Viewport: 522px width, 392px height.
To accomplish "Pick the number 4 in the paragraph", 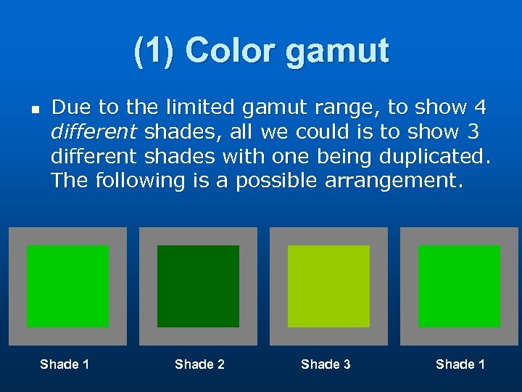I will click(479, 107).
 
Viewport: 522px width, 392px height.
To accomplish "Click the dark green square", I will click(198, 286).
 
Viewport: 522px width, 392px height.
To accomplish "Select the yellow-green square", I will click(328, 286).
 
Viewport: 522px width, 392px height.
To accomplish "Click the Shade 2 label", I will click(199, 364).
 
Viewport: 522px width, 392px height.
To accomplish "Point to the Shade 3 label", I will click(326, 364).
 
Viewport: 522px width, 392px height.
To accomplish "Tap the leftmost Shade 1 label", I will click(65, 364).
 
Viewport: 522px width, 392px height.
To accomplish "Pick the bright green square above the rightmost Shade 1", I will click(459, 286).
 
